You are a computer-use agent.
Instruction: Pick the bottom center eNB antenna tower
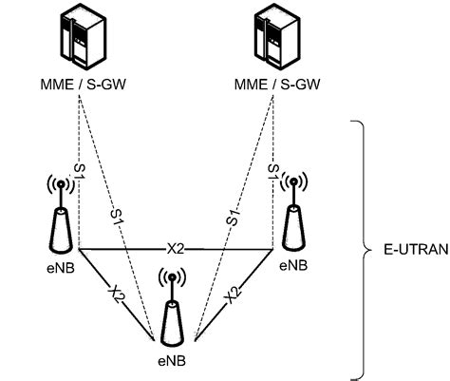(x=173, y=317)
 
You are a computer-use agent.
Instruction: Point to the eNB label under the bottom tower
(x=172, y=363)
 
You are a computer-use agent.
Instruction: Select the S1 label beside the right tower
(x=273, y=171)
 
